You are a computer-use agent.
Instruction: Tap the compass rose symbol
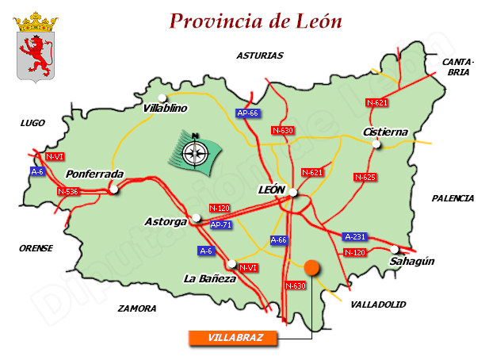pyautogui.click(x=193, y=149)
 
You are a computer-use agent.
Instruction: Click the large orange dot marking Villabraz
pyautogui.click(x=312, y=267)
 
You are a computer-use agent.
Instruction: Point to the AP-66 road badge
pyautogui.click(x=248, y=113)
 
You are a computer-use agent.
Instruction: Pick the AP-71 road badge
pyautogui.click(x=222, y=225)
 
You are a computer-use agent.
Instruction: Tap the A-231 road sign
pyautogui.click(x=355, y=236)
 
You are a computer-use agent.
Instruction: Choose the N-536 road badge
pyautogui.click(x=69, y=191)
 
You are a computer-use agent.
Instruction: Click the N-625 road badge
pyautogui.click(x=365, y=176)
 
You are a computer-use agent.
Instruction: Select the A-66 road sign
pyautogui.click(x=279, y=239)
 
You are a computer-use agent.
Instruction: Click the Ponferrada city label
pyautogui.click(x=94, y=174)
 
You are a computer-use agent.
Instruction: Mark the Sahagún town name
pyautogui.click(x=412, y=261)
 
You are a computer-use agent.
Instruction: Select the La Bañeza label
pyautogui.click(x=209, y=278)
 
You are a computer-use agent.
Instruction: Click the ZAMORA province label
pyautogui.click(x=136, y=308)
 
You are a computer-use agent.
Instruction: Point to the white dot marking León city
pyautogui.click(x=293, y=192)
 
